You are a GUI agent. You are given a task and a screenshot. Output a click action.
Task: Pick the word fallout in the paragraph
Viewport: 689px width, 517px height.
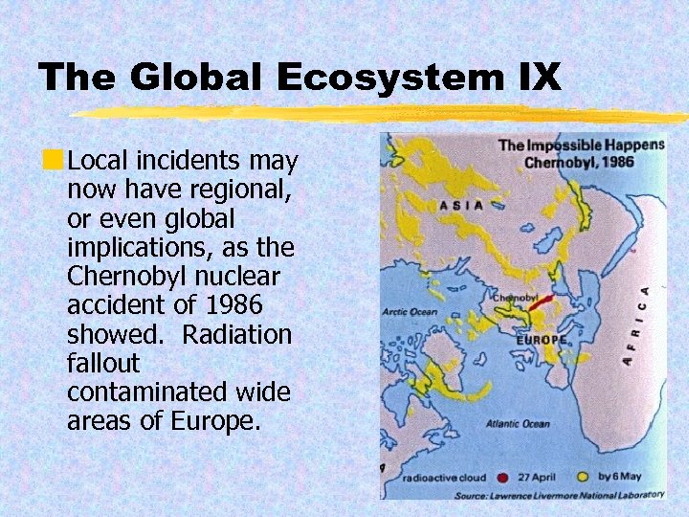click(103, 364)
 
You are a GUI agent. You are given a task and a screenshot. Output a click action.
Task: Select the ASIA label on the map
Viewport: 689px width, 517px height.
click(459, 204)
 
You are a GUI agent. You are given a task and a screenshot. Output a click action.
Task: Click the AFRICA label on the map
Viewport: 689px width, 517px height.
click(636, 325)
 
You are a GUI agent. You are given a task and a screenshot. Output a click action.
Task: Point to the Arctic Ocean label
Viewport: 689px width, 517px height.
click(409, 311)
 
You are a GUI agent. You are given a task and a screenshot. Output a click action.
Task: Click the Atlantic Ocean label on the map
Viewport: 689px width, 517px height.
click(518, 423)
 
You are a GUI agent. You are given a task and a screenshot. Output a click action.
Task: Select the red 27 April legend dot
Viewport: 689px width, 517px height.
click(503, 476)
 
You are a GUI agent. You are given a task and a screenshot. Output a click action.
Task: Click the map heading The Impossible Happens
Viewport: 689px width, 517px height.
click(580, 146)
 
